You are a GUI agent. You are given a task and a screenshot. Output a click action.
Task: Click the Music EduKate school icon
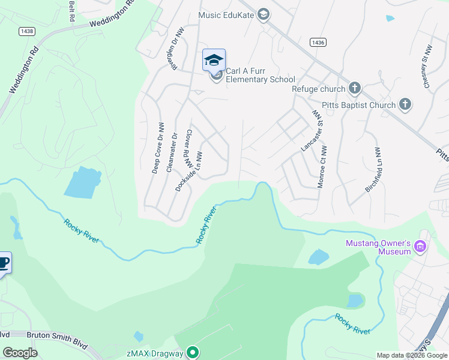pyautogui.click(x=263, y=15)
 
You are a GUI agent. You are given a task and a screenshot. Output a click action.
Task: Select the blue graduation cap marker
pyautogui.click(x=214, y=60)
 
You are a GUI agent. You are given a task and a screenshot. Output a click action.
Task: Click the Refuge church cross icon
pyautogui.click(x=354, y=89)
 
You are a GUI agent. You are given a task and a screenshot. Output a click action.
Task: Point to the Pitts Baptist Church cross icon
pyautogui.click(x=405, y=105)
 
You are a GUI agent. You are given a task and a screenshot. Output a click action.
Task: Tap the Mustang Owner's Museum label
pyautogui.click(x=378, y=247)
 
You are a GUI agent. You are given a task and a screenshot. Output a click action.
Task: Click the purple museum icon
pyautogui.click(x=420, y=247)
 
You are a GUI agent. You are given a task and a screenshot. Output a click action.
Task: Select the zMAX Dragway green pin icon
pyautogui.click(x=193, y=353)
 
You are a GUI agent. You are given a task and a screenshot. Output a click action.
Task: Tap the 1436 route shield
pyautogui.click(x=318, y=42)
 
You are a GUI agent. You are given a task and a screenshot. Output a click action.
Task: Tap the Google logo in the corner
pyautogui.click(x=20, y=352)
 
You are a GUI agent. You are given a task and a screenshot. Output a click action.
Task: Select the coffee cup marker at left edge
pyautogui.click(x=3, y=263)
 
